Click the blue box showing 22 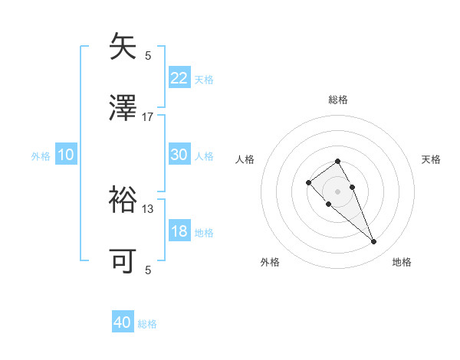pos(179,78)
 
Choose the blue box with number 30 pos(179,155)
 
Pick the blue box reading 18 pos(179,232)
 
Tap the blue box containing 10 pos(66,155)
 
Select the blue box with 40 pos(123,323)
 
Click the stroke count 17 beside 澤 pos(148,117)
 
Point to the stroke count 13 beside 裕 pos(148,208)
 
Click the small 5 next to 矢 pos(148,55)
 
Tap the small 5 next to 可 pos(148,270)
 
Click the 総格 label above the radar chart pos(338,100)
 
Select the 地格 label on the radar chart pos(402,262)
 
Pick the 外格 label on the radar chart pos(270,262)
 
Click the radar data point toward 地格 pos(373,242)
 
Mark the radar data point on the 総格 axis pos(338,161)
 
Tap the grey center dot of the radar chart pos(338,191)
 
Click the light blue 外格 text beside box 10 pos(40,156)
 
